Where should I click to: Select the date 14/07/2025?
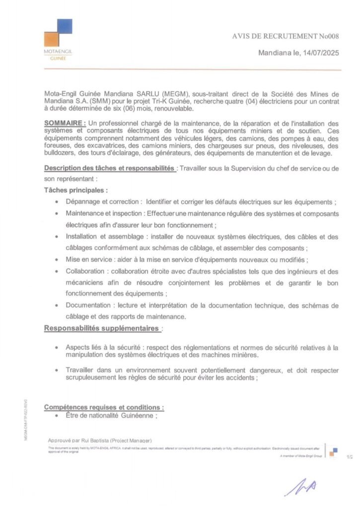(319, 54)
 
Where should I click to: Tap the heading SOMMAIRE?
(65, 123)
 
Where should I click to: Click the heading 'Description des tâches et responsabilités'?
(109, 169)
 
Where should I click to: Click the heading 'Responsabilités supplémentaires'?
(102, 328)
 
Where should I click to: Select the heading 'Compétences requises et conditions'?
(104, 407)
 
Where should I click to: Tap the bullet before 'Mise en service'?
(58, 259)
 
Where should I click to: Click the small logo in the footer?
(334, 452)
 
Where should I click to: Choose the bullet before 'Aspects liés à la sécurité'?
(58, 348)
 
